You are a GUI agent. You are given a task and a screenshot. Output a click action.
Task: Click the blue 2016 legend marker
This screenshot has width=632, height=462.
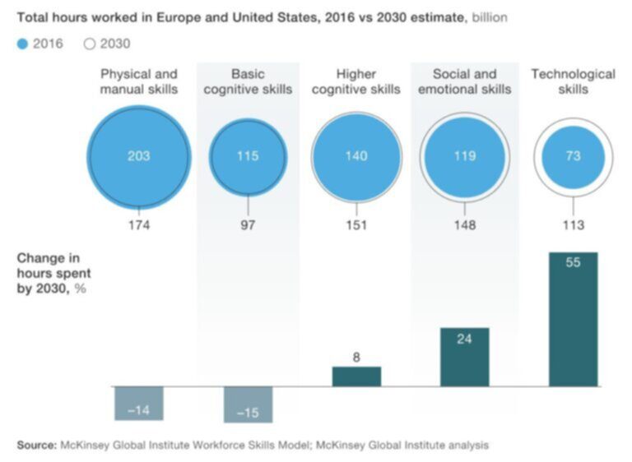tap(22, 44)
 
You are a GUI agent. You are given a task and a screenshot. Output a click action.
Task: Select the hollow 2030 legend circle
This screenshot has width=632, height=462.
tap(91, 44)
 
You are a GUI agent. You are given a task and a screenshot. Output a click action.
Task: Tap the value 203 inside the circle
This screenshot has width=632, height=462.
tap(138, 155)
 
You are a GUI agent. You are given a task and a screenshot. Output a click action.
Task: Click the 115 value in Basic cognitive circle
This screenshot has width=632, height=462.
tap(248, 155)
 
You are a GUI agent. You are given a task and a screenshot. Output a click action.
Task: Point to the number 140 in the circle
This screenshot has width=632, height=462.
tap(356, 155)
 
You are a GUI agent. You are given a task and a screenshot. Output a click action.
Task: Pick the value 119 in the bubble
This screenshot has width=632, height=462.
tap(465, 155)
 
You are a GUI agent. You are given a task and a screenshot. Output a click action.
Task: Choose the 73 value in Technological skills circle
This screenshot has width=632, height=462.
tap(574, 155)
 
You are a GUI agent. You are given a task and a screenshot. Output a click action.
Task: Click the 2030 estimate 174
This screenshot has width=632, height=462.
tap(138, 224)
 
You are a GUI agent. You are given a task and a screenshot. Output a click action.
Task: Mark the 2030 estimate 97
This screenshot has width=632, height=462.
tap(248, 224)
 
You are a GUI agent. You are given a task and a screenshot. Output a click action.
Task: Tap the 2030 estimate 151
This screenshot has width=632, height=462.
tap(356, 224)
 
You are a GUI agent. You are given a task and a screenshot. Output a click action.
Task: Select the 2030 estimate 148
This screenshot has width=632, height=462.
tap(465, 224)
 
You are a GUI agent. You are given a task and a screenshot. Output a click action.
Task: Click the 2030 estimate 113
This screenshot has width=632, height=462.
tap(574, 224)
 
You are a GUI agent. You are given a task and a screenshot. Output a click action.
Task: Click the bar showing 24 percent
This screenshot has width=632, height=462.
tap(465, 357)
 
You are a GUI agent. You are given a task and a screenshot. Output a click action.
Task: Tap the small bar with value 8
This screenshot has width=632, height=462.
tap(356, 376)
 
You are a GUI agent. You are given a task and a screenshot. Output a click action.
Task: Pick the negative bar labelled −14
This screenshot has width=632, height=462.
tap(138, 403)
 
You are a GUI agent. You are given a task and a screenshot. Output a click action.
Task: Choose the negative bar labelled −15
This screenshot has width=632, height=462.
tap(248, 404)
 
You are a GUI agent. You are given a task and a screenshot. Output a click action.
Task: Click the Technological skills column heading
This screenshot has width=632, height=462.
tap(573, 81)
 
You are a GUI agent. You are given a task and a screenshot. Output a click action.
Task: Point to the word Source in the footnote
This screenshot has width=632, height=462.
tap(36, 445)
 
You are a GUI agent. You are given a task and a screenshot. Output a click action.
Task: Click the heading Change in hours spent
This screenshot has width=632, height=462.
tap(54, 269)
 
